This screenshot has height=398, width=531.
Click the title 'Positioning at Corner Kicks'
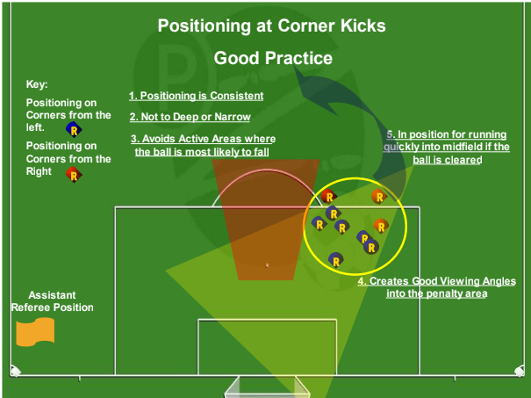[x=271, y=25]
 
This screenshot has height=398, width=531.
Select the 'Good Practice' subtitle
[x=273, y=59]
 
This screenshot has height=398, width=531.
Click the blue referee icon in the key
[x=74, y=129]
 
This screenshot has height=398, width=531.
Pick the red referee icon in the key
[x=74, y=174]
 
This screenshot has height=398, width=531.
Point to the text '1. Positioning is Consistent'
[x=196, y=96]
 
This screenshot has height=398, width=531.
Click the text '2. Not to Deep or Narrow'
[x=190, y=117]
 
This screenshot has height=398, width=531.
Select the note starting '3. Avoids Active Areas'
[x=204, y=145]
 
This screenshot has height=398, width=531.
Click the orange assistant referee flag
[x=35, y=330]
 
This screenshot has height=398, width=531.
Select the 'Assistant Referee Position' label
[x=52, y=301]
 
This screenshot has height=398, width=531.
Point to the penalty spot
[x=268, y=264]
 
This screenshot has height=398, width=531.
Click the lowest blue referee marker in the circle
[x=334, y=259]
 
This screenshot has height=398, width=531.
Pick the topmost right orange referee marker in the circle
[x=377, y=196]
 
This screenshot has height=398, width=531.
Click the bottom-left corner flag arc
[x=14, y=370]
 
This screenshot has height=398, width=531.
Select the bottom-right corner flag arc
[x=518, y=370]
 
